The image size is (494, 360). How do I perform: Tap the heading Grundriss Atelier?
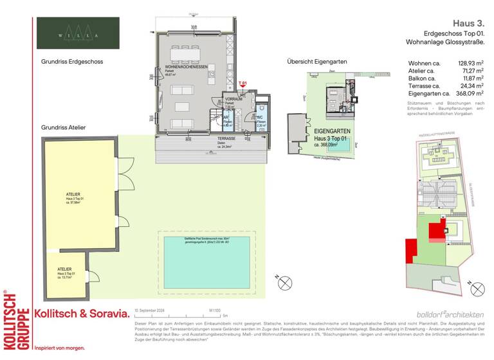point(63,128)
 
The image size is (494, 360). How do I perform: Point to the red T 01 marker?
point(242,84)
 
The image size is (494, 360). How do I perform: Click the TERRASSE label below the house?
point(226,139)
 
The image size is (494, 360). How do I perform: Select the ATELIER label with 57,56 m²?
point(73,193)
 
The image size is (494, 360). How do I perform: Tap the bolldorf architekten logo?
point(450,314)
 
